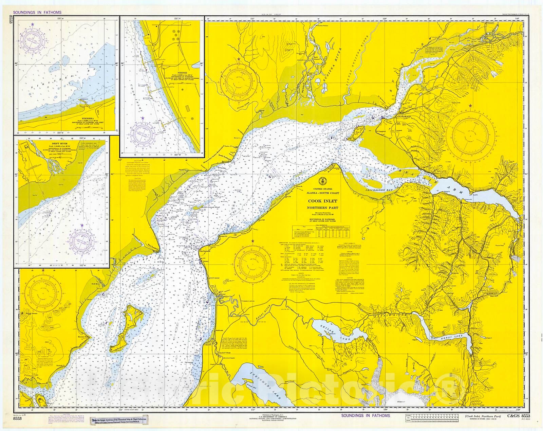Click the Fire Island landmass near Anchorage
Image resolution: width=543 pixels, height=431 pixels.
tap(358, 131)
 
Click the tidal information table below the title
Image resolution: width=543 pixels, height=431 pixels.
tap(321, 231)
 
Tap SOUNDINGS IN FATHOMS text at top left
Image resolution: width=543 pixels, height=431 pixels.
tap(37, 13)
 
